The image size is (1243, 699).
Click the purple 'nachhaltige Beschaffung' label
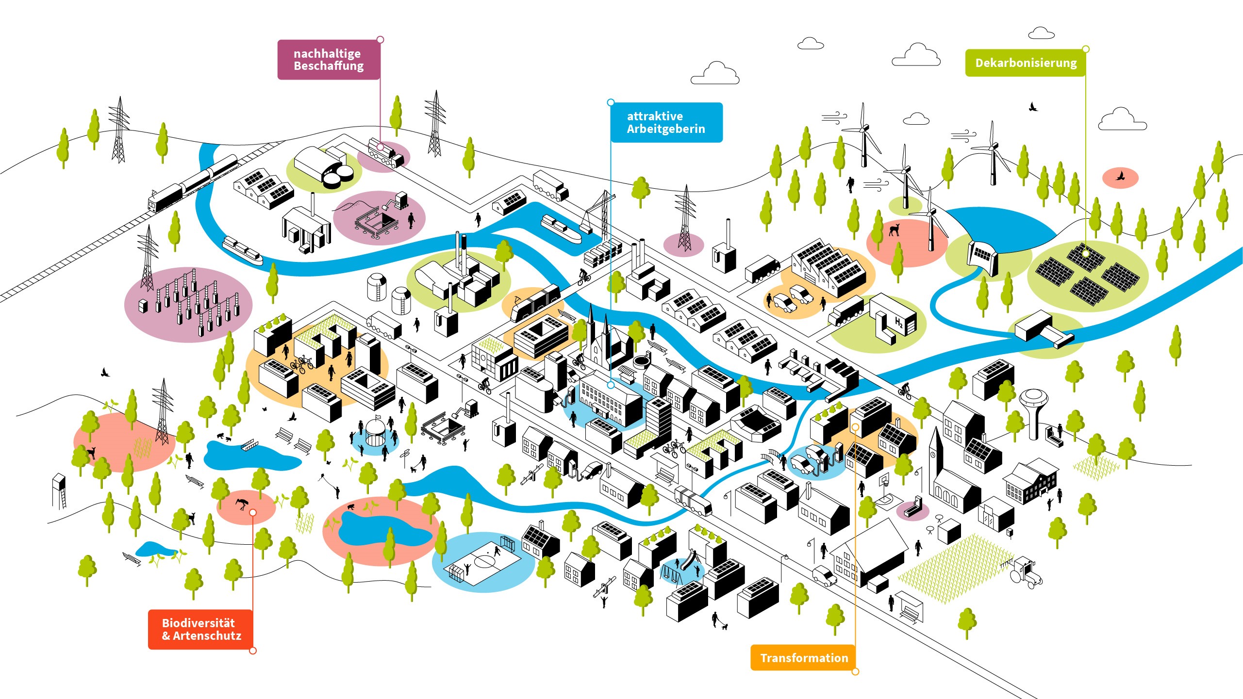point(329,60)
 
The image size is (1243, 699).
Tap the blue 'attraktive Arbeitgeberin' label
point(666,122)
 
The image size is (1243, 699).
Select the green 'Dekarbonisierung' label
point(1025,63)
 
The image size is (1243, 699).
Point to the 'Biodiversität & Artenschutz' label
point(200,629)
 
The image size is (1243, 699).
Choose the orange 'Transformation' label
point(803,658)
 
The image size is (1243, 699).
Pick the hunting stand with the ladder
point(59,490)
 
